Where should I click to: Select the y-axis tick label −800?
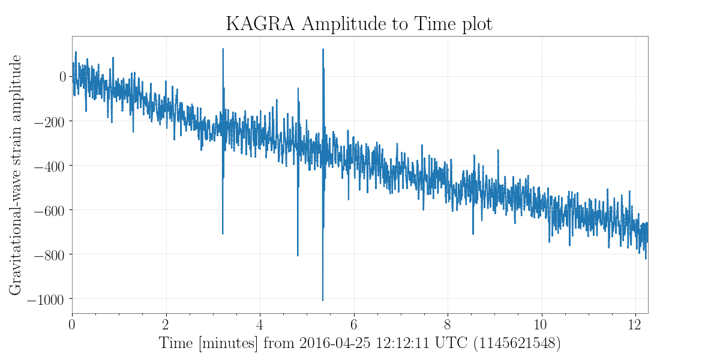click(49, 254)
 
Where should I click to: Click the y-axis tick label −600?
click(49, 210)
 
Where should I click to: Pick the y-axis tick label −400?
click(49, 166)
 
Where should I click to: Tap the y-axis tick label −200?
click(49, 121)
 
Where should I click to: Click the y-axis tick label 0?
click(62, 77)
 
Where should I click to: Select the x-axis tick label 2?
click(166, 324)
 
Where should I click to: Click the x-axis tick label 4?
click(260, 324)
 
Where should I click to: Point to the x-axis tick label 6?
click(354, 324)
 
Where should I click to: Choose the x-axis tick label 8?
click(448, 324)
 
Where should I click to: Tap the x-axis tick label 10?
click(542, 324)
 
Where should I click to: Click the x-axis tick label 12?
click(635, 324)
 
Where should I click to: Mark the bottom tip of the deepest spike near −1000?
click(323, 300)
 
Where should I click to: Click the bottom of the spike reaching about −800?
click(298, 256)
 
